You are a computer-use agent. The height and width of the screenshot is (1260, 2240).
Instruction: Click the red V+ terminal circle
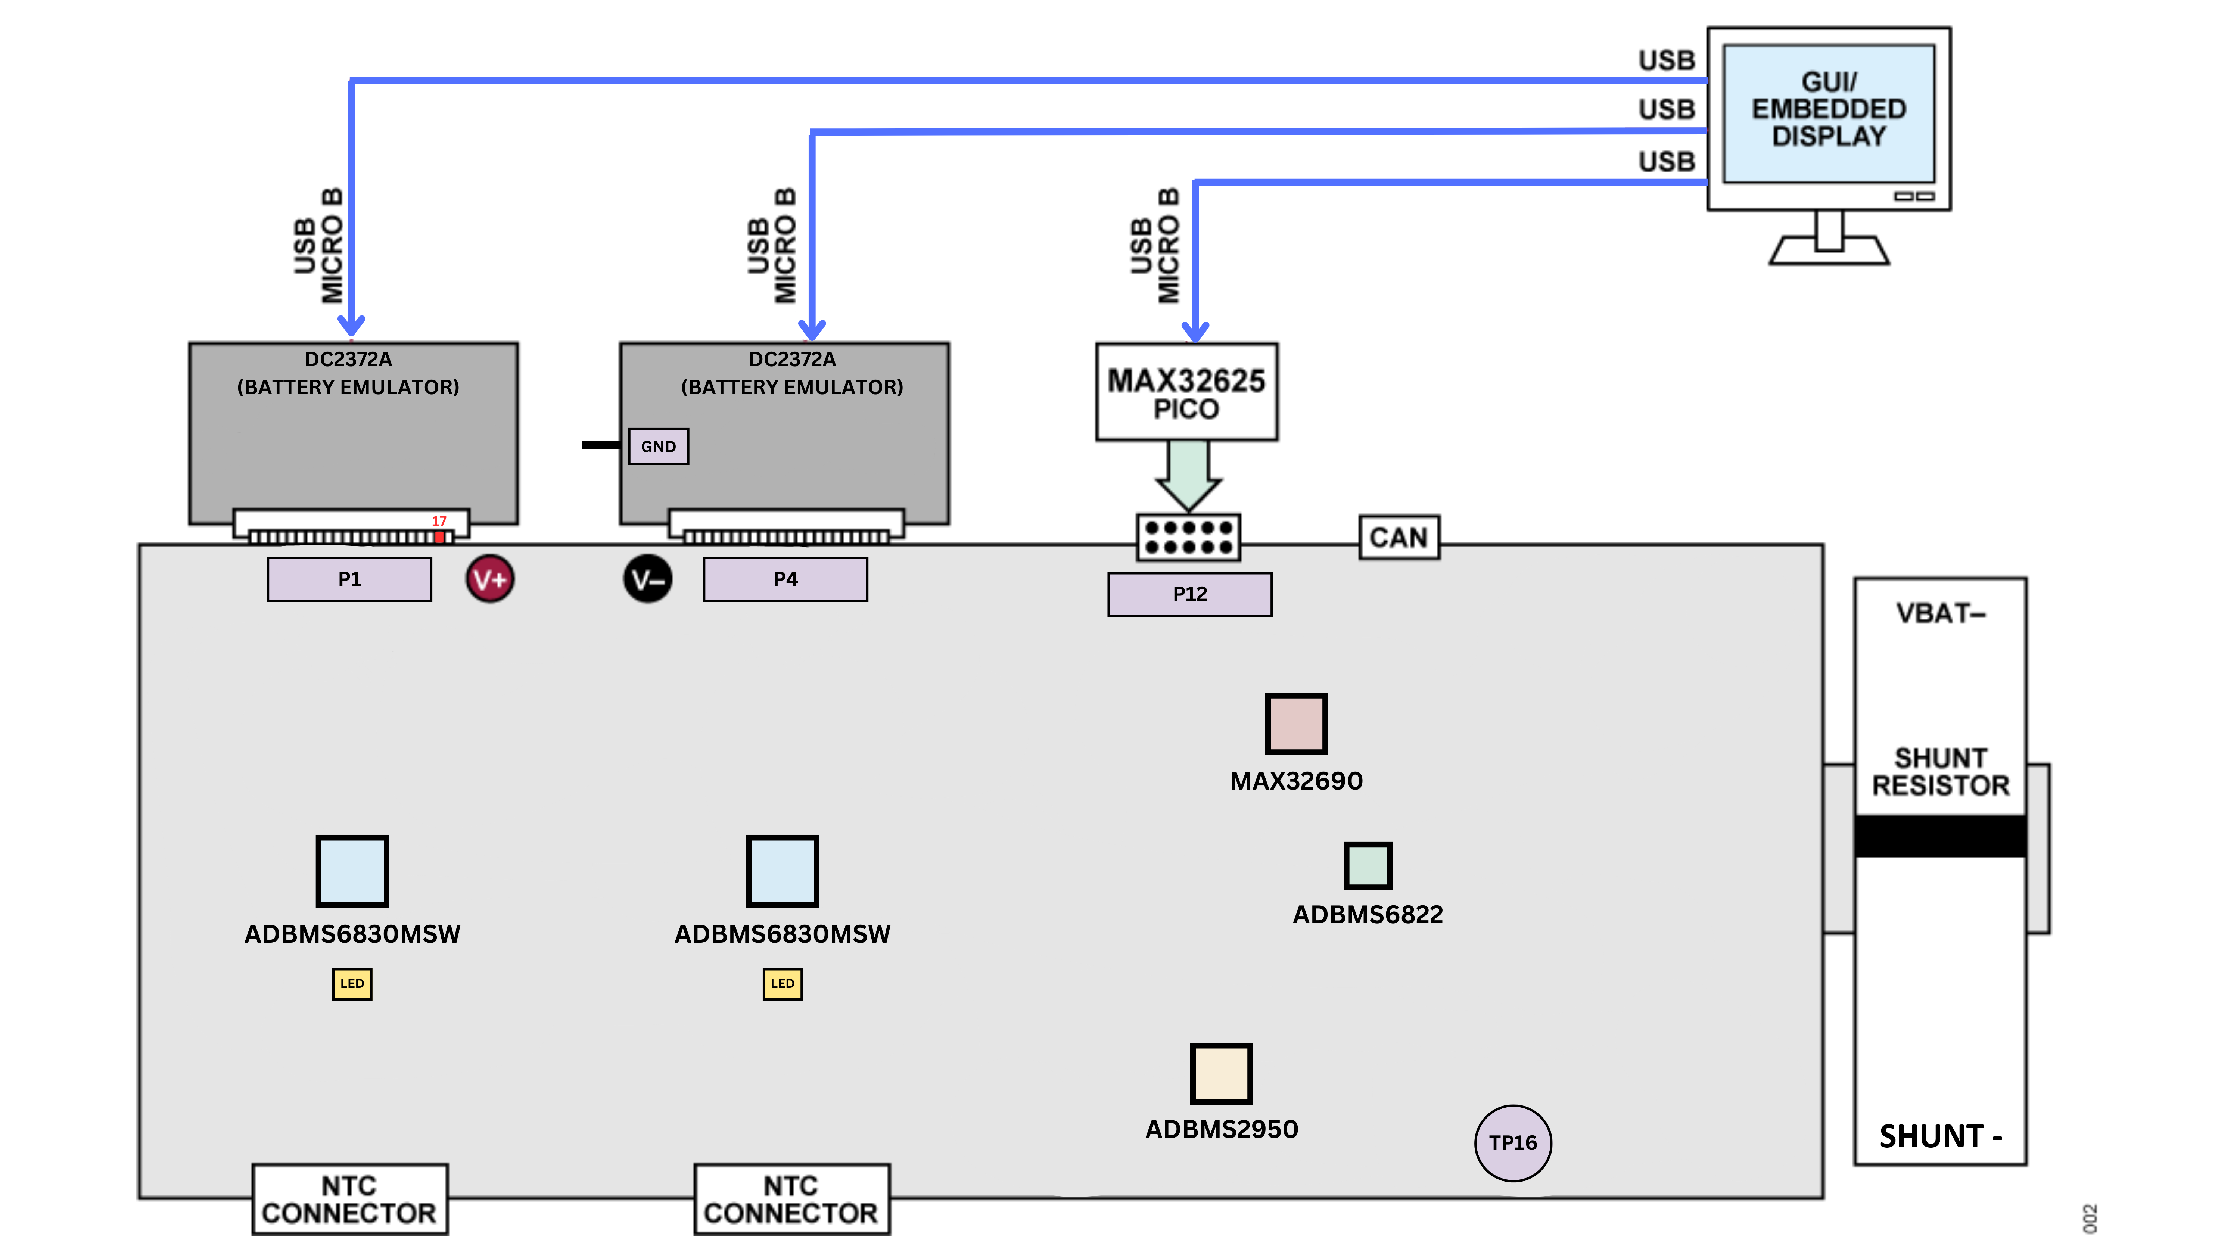tap(489, 579)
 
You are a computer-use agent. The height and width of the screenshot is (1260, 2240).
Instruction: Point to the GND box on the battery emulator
tap(658, 446)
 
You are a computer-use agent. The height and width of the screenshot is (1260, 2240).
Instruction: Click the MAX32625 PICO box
tap(1186, 392)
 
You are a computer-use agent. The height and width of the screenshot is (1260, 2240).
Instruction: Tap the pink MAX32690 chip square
tap(1295, 724)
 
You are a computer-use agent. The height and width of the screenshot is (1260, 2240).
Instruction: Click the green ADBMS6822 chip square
tap(1367, 866)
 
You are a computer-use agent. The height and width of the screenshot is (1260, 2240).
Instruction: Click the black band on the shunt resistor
tap(1940, 836)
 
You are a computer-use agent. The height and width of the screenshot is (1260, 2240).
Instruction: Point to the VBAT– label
tap(1940, 614)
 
